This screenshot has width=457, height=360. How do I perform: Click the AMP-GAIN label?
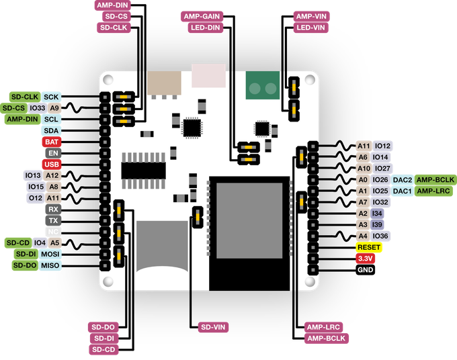pyautogui.click(x=202, y=16)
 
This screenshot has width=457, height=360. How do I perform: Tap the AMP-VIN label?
pyautogui.click(x=311, y=16)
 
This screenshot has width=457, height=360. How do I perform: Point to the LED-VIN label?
pyautogui.click(x=311, y=28)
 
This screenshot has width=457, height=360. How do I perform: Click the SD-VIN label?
pyautogui.click(x=214, y=327)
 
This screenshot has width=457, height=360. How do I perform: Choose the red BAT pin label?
pyautogui.click(x=51, y=142)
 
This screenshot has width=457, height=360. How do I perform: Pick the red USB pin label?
pyautogui.click(x=51, y=164)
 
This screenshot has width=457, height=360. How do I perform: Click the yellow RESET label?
pyautogui.click(x=369, y=247)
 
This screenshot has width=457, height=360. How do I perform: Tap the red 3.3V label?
pyautogui.click(x=365, y=259)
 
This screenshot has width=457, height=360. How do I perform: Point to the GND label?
pyautogui.click(x=366, y=269)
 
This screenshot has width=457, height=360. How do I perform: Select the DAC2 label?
pyautogui.click(x=402, y=180)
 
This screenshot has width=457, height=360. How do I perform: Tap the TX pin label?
pyautogui.click(x=53, y=220)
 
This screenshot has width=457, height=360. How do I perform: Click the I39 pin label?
pyautogui.click(x=378, y=224)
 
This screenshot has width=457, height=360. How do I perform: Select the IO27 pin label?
pyautogui.click(x=382, y=169)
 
